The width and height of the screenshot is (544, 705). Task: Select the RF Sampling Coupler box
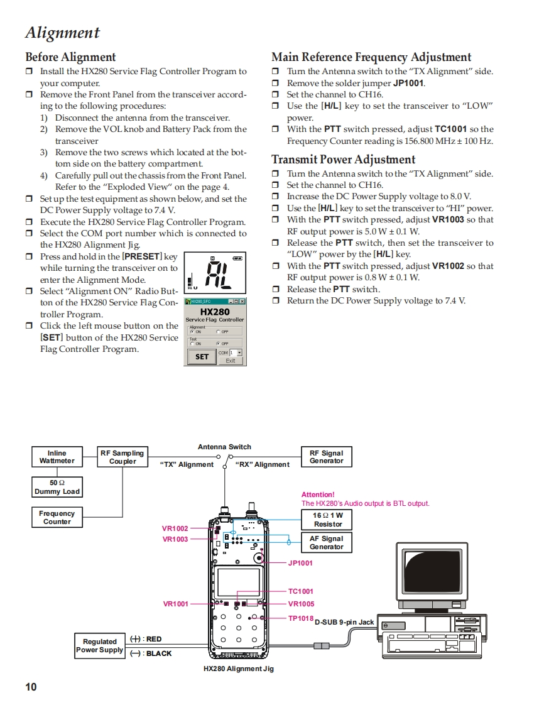pyautogui.click(x=122, y=457)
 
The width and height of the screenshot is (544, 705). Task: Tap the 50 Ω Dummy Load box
pyautogui.click(x=57, y=487)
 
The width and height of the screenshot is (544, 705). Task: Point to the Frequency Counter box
pyautogui.click(x=57, y=517)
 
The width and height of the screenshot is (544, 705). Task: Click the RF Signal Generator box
pyautogui.click(x=326, y=457)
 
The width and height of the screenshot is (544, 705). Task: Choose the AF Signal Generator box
pyautogui.click(x=327, y=542)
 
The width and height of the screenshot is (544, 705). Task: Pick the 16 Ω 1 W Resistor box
pyautogui.click(x=327, y=520)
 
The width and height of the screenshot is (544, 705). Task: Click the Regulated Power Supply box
pyautogui.click(x=99, y=646)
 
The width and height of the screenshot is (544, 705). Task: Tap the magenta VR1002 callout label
pyautogui.click(x=175, y=528)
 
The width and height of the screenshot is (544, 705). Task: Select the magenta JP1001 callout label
pyautogui.click(x=300, y=563)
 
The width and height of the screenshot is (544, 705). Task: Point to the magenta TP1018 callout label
pyautogui.click(x=300, y=618)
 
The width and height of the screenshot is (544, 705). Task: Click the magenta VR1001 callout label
pyautogui.click(x=176, y=604)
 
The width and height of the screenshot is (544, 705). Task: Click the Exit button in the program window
pyautogui.click(x=231, y=361)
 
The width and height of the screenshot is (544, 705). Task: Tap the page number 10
pyautogui.click(x=31, y=687)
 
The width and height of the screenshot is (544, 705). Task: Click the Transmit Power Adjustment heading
pyautogui.click(x=343, y=160)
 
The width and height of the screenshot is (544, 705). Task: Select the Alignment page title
pyautogui.click(x=62, y=33)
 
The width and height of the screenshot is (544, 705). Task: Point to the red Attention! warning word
pyautogui.click(x=318, y=495)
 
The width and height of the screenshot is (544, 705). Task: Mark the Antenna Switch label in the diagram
pyautogui.click(x=224, y=447)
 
